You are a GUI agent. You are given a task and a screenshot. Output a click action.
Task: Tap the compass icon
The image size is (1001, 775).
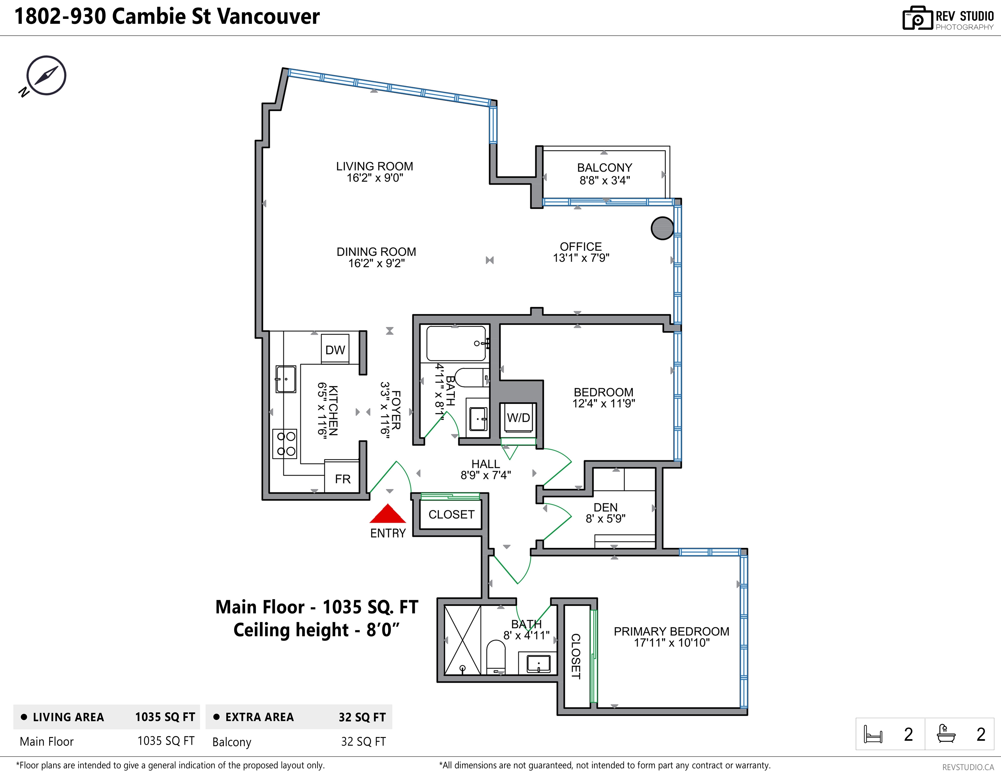point(46,76)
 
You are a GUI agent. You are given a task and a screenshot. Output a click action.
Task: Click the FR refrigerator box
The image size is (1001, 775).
point(342,478)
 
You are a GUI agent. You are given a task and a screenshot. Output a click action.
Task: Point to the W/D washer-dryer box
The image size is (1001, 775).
point(518,417)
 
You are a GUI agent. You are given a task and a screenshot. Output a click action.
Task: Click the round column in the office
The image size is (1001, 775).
point(662,228)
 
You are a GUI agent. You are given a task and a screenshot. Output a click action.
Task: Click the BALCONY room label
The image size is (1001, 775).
point(604,168)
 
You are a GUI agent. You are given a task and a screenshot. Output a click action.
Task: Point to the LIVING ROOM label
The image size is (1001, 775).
point(374,167)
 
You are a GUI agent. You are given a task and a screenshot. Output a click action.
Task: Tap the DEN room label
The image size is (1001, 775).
point(605,507)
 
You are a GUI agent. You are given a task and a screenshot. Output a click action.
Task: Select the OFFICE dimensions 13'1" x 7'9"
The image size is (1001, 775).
point(581,258)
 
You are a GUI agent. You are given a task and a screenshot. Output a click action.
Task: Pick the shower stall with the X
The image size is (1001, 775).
point(462,640)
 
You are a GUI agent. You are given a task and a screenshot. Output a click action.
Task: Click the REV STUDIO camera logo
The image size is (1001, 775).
point(917,19)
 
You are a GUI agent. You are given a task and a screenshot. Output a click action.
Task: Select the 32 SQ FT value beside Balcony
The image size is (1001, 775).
point(363,742)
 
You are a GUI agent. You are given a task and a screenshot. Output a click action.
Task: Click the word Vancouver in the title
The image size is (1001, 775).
point(268,16)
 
